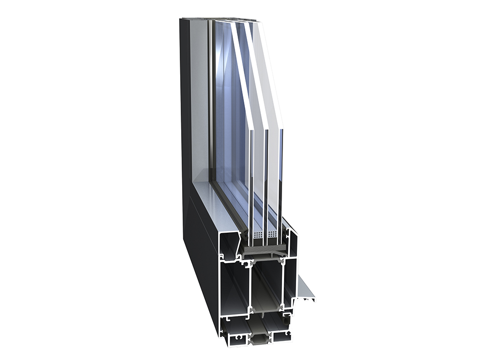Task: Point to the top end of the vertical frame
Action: [193, 20]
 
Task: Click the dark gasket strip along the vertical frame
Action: [211, 97]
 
